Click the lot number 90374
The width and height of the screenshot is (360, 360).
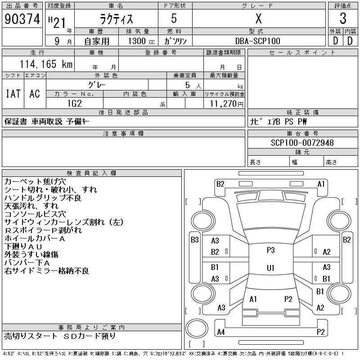[22, 19]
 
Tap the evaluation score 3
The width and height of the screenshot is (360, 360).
[342, 19]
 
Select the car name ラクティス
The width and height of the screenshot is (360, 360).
[116, 19]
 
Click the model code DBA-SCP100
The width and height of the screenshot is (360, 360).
[258, 41]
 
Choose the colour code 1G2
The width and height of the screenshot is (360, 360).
[74, 103]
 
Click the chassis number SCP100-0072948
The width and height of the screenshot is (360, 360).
[302, 143]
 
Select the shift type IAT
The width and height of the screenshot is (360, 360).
[13, 94]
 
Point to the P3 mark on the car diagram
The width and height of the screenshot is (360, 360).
[270, 250]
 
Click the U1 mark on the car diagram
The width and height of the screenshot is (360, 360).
[270, 268]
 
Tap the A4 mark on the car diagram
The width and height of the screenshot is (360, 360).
[220, 332]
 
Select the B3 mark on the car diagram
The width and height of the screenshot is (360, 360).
[194, 240]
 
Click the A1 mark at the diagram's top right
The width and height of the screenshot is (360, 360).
[321, 184]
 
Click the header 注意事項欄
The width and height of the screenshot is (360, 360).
[123, 134]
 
